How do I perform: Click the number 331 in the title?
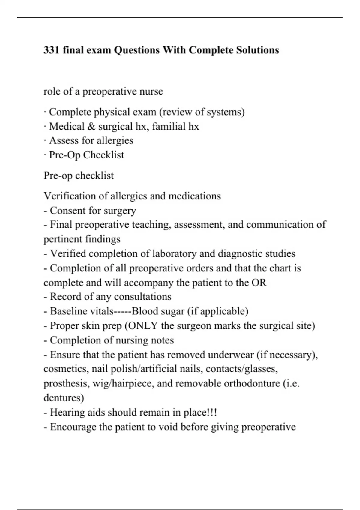pyautogui.click(x=52, y=50)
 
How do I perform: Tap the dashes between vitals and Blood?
pyautogui.click(x=123, y=311)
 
